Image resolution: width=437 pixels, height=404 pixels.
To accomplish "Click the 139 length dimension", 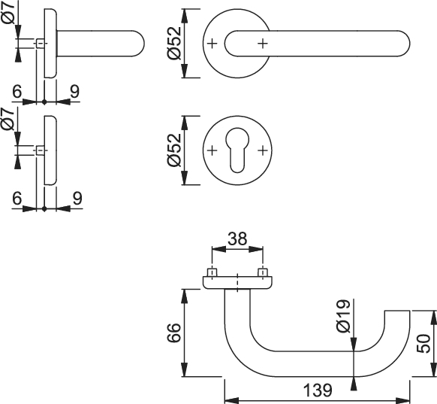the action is coord(318,390).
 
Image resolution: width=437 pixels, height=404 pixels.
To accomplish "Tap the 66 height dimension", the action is coord(174,333).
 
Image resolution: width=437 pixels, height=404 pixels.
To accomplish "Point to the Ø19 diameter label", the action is coord(343,316).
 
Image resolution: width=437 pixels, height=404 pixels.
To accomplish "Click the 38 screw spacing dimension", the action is coord(237,238).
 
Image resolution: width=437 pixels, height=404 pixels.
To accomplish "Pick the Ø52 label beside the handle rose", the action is coord(174,44).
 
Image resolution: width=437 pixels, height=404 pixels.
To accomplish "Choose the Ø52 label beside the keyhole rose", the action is coord(174,150).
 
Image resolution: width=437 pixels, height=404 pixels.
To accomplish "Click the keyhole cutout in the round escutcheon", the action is coord(237,150).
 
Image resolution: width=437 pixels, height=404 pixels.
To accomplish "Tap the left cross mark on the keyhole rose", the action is coord(212,150).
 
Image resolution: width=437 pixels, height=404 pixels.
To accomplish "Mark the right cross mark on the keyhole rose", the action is coord(263,150).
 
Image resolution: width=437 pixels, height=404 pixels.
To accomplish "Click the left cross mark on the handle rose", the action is coord(212,44).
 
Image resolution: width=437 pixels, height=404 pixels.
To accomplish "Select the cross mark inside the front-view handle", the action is coord(263,44).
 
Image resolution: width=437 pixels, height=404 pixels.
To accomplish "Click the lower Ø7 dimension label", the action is coord(8,119).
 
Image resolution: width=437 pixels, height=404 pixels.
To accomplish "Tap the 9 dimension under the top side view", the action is coord(74,91).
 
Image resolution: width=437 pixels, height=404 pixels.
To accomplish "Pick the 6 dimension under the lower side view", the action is coord(17,198).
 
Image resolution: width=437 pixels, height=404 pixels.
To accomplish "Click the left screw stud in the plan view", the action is coord(212,272).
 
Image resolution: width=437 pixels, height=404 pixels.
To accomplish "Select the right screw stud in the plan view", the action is coord(263,272).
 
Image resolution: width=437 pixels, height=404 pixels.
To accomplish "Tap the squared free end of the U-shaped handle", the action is coord(397,311).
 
